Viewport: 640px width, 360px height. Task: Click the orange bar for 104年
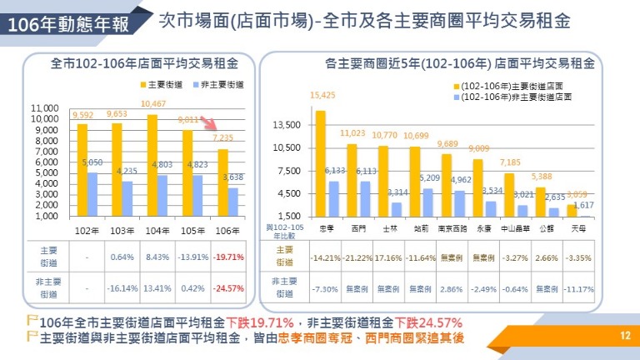click(152, 165)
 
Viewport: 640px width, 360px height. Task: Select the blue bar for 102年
click(92, 193)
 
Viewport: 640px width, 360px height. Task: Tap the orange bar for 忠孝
click(321, 163)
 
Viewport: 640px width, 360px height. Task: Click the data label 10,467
click(153, 103)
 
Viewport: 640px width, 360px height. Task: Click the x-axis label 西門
click(357, 226)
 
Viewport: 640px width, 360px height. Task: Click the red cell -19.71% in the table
click(227, 257)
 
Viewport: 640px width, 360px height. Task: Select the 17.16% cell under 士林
click(389, 257)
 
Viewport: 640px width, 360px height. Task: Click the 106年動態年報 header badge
click(68, 25)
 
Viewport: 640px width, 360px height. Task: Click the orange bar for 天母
click(571, 210)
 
